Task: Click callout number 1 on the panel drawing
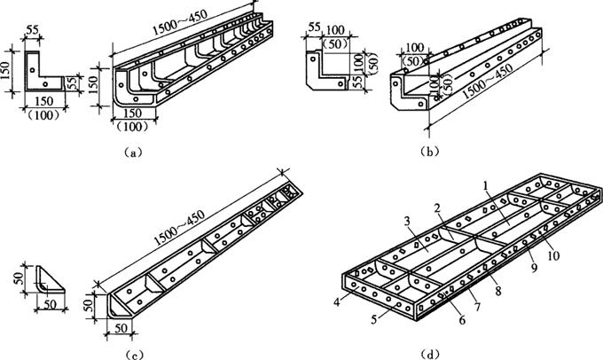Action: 486,185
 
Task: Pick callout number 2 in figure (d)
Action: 437,207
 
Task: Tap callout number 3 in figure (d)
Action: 406,221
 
